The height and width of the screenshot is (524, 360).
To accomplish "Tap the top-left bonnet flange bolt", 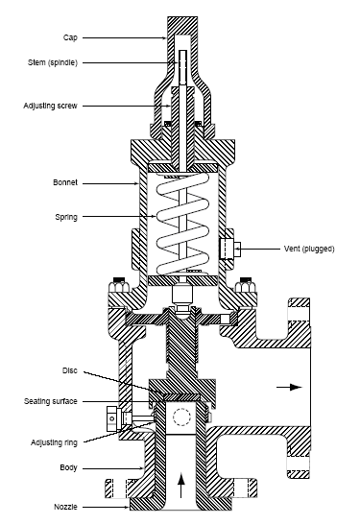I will click(x=119, y=284).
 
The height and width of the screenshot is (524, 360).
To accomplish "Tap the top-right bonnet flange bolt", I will click(x=245, y=284).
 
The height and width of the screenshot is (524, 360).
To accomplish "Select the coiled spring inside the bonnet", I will click(x=181, y=226).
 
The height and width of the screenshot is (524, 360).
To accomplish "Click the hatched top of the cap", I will click(x=181, y=26).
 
